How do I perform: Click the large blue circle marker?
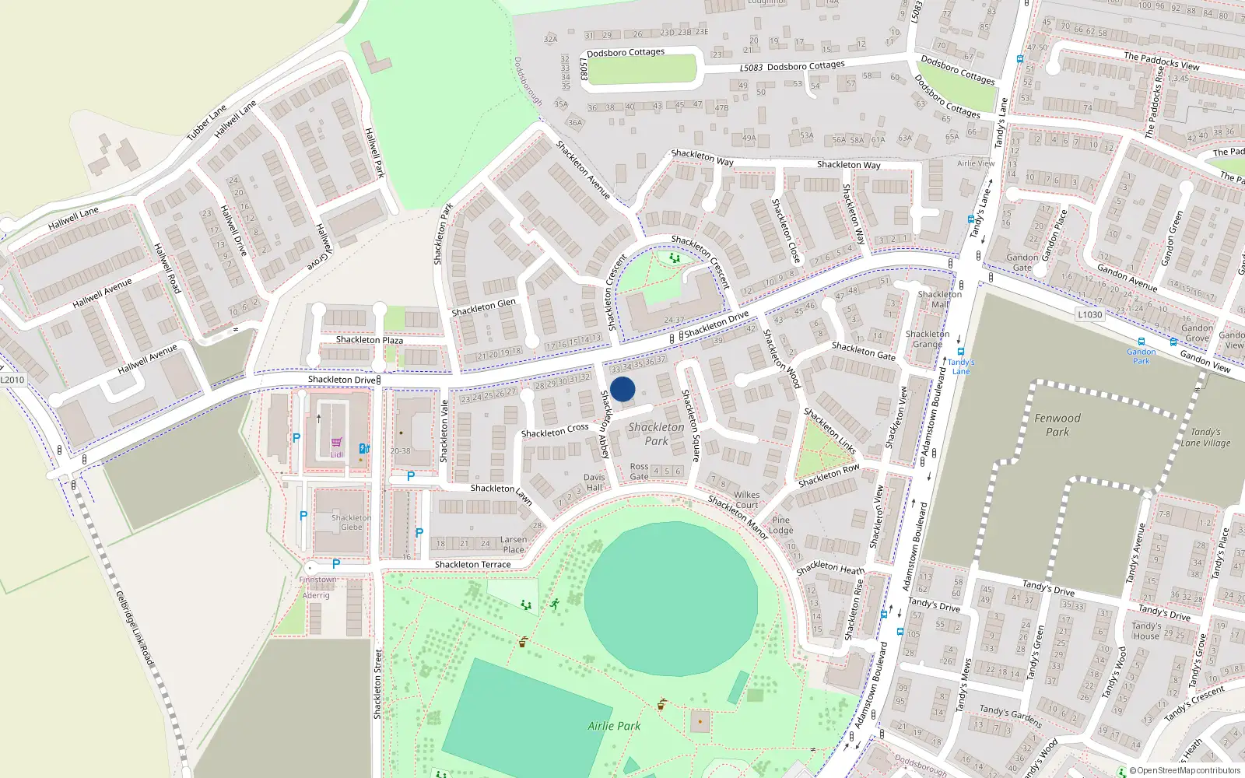pos(622,389)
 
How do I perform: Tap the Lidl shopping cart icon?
pos(336,442)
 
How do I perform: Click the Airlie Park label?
pos(614,726)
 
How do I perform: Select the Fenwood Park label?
pos(1057,425)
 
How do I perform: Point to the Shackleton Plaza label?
pos(369,340)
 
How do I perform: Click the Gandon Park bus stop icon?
pos(1142,342)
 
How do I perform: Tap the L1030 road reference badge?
pos(1090,314)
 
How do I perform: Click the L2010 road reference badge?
pos(12,380)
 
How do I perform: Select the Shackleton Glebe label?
pos(351,522)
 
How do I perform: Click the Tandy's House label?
pos(1146,630)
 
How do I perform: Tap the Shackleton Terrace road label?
pos(472,565)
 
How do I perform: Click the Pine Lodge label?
pos(781,525)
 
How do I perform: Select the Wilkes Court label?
pos(746,499)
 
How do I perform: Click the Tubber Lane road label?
pos(206,123)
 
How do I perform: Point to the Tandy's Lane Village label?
pos(1205,437)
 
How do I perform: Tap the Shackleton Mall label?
pos(939,300)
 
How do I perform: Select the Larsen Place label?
pos(513,544)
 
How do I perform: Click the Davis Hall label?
pos(594,482)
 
